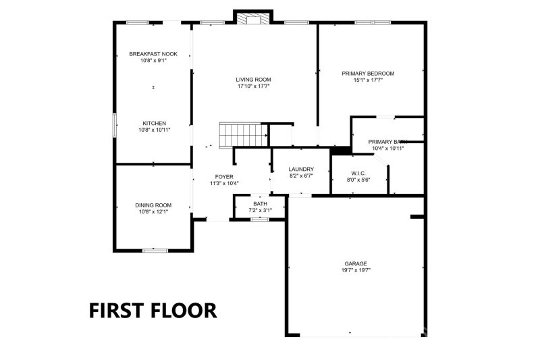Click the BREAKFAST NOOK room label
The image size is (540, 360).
[x=153, y=53]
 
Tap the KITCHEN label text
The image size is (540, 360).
[x=154, y=123]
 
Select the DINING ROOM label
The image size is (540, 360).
[x=153, y=205]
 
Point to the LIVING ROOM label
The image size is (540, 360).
[x=253, y=79]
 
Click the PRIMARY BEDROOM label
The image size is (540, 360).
[x=368, y=73]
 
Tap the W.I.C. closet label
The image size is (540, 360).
[x=358, y=173]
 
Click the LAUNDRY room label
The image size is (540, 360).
[x=300, y=169]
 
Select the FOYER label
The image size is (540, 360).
[x=224, y=176]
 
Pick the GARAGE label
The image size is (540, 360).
[x=356, y=263]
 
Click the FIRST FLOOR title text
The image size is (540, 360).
[x=153, y=310]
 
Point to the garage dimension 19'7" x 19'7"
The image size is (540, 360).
[x=356, y=270]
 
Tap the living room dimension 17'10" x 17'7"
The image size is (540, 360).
[x=253, y=86]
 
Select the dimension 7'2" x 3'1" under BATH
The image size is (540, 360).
[x=260, y=210]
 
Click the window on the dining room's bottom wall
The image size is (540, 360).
[x=155, y=251]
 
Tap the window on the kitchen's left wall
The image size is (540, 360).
[x=114, y=124]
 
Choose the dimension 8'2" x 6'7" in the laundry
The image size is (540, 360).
[x=300, y=176]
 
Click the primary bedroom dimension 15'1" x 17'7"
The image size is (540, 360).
[x=368, y=80]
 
